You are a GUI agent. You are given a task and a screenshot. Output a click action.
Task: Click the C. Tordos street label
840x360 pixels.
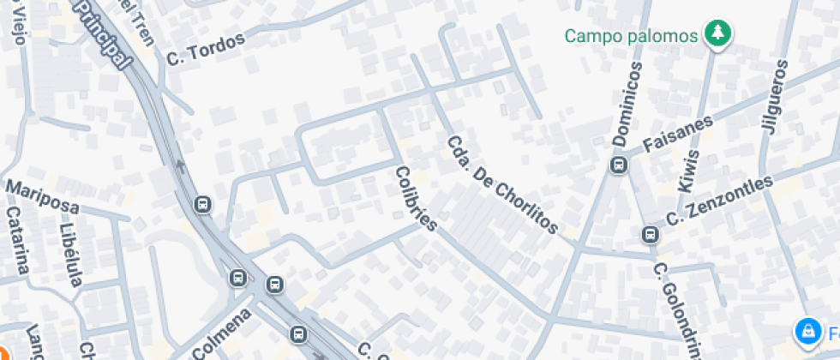coord(205,49)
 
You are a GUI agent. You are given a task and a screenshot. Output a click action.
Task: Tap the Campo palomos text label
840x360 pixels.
coord(632,36)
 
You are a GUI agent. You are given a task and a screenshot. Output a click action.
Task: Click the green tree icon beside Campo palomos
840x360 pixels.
coord(715,34)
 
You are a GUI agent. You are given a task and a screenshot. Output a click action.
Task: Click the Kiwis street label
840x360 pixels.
coord(689,171)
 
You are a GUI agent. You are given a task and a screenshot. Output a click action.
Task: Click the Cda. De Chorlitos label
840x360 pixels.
coord(503,184)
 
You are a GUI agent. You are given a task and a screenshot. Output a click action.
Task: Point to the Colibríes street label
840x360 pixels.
coord(417,200)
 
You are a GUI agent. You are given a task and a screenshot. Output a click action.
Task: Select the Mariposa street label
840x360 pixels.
coord(42,197)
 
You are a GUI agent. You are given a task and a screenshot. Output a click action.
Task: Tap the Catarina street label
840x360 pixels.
coord(18,240)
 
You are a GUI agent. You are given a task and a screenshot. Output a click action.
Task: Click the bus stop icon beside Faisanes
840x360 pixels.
coord(617,165)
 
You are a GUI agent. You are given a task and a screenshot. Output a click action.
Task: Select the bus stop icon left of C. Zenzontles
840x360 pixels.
coord(650,234)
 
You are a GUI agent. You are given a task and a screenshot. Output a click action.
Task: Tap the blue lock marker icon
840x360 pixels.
coord(807,331)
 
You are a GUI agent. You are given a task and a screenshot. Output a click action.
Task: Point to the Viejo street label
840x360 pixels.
coord(14,21)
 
